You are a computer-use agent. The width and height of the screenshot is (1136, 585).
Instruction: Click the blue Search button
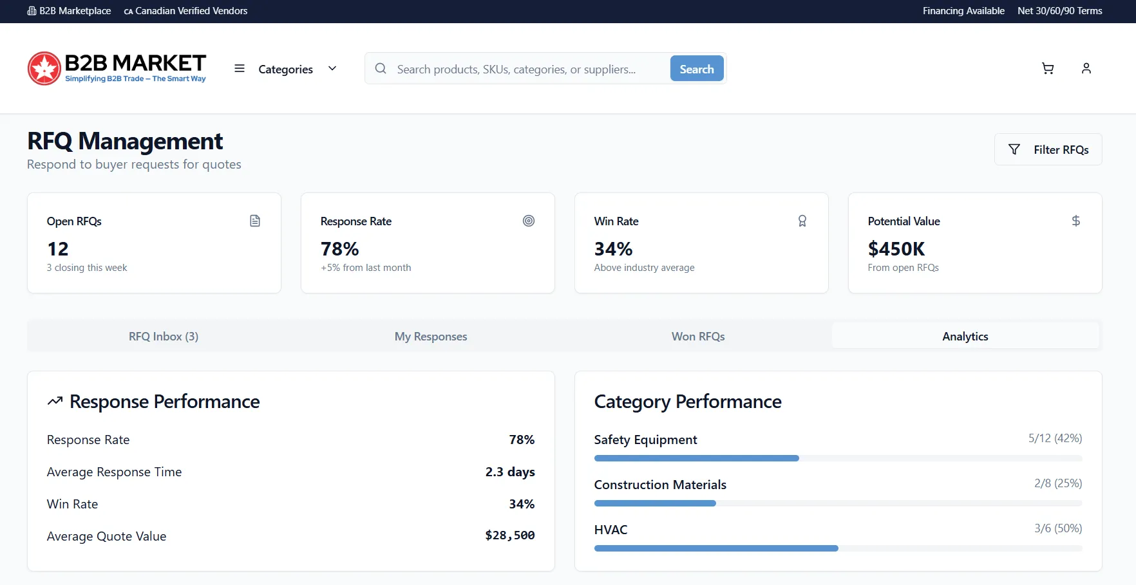point(697,69)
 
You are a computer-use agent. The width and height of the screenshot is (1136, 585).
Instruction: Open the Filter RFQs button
point(1048,149)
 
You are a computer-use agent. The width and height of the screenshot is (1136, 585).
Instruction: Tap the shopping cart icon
point(1048,68)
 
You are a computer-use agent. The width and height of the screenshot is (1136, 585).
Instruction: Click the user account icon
point(1086,68)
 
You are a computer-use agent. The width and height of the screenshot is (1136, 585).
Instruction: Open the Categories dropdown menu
point(285,69)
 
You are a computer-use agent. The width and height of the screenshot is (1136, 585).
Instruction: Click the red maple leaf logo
point(44,68)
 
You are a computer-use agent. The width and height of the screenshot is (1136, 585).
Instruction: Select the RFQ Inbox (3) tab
point(164,337)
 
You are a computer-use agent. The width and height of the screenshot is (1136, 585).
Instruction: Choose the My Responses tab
point(431,337)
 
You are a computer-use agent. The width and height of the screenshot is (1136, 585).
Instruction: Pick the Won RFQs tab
point(698,337)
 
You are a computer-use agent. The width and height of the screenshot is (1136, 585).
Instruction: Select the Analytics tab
point(965,337)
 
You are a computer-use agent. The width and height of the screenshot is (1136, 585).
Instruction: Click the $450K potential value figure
point(896,248)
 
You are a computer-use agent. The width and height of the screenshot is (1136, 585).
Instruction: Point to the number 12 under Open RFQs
point(58,248)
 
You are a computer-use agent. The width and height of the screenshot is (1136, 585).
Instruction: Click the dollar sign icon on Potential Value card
point(1076,221)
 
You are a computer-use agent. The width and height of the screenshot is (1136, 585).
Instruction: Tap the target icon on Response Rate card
point(529,221)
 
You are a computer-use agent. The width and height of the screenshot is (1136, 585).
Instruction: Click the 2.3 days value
point(510,472)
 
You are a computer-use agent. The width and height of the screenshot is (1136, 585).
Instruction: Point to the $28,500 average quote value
point(510,535)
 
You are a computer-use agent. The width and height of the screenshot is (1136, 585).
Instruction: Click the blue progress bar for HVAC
point(716,548)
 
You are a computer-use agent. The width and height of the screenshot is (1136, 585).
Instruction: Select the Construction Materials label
point(660,485)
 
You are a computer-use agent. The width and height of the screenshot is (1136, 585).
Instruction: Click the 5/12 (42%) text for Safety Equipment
point(1055,438)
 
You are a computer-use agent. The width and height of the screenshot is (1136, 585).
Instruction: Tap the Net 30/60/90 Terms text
point(1060,11)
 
